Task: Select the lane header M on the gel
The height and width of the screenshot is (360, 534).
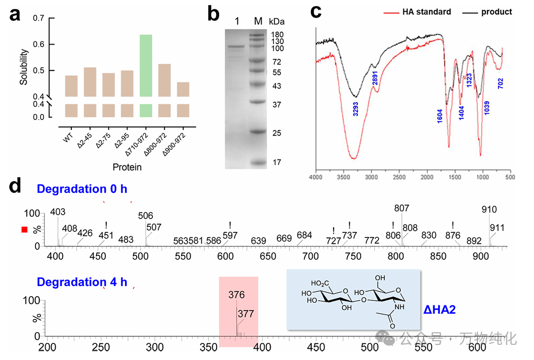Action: (x=258, y=21)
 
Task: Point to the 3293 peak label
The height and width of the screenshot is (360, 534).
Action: (x=356, y=110)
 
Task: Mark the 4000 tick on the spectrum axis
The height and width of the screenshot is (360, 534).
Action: (x=316, y=177)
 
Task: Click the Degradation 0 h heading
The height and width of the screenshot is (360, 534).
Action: (x=82, y=189)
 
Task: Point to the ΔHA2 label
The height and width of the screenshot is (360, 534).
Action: (x=439, y=309)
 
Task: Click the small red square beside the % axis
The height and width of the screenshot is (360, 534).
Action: (x=24, y=230)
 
